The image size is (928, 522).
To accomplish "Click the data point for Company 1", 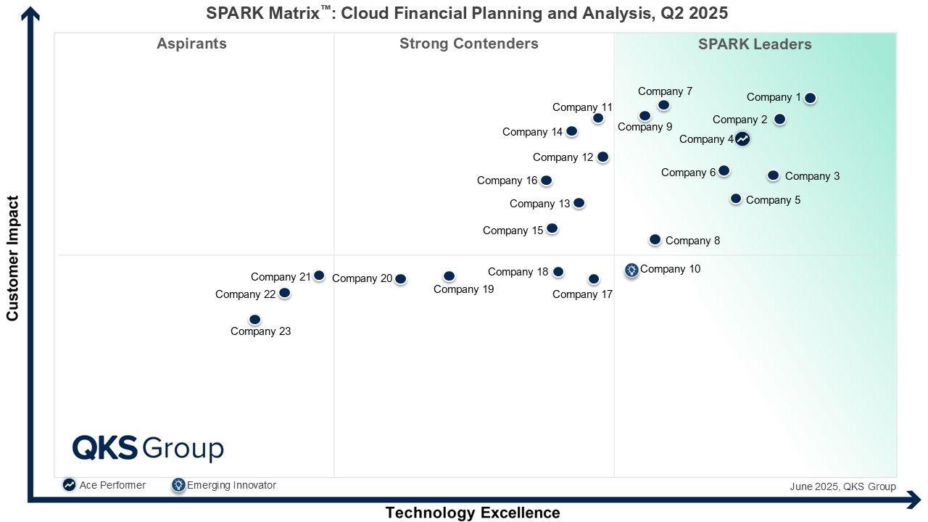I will tap(810, 98).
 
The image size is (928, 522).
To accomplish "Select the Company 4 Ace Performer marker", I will tap(742, 138).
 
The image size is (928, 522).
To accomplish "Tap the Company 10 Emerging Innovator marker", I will tap(631, 270).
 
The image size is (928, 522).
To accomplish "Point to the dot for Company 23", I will tap(254, 320).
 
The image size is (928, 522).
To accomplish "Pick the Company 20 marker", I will tap(400, 278).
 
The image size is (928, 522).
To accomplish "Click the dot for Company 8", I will tap(655, 239).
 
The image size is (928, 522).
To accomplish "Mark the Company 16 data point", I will tap(547, 181).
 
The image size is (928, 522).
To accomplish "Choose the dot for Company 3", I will tap(773, 175).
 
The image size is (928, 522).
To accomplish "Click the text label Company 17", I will tap(582, 294).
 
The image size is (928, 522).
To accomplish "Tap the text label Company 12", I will tap(563, 157).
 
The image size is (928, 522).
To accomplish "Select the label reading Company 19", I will tap(463, 289).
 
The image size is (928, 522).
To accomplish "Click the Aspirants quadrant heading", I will tap(191, 43).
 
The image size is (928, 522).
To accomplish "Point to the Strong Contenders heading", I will tap(468, 43).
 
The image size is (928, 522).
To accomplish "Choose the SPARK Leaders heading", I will tap(755, 44).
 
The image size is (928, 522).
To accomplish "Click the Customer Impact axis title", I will tap(12, 258).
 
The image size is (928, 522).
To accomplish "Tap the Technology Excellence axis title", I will tap(472, 513).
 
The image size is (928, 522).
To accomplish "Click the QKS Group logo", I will tap(148, 448).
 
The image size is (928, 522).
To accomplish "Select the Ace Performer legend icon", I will tap(69, 485).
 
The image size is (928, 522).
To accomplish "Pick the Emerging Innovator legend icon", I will tap(178, 485).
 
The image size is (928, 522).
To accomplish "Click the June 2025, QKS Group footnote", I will tap(842, 486).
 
